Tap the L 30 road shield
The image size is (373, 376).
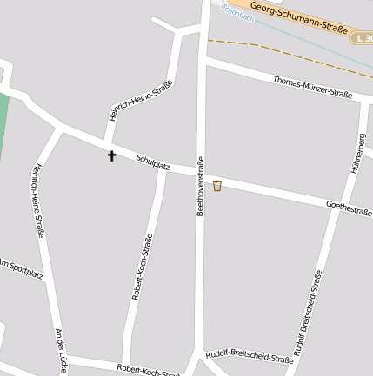pos(362,38)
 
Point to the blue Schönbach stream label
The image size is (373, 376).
pos(236,11)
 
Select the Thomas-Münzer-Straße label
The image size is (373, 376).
pos(312,89)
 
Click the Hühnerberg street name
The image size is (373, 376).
pos(357,153)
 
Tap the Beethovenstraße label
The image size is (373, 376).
pos(200,186)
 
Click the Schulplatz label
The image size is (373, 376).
pos(152,162)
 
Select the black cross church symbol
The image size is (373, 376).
pos(111,156)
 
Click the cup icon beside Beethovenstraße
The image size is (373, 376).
pos(216,185)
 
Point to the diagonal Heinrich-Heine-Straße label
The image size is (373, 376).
pos(140,100)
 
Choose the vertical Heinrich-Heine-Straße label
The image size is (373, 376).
pos(39,201)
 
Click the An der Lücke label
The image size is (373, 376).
pos(61,350)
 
